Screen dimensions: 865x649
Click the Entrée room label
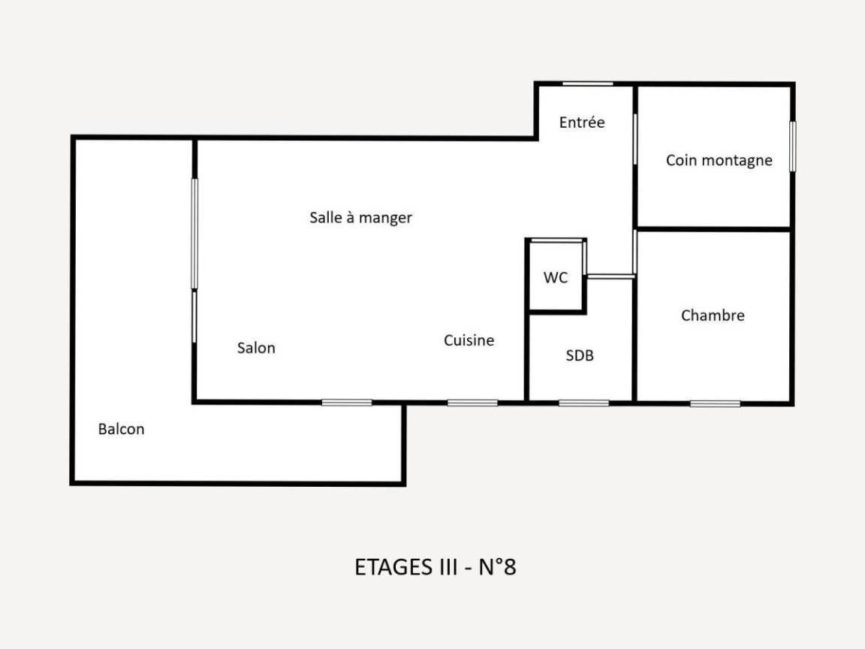[581, 122]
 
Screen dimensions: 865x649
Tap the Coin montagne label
[719, 160]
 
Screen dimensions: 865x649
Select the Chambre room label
[713, 315]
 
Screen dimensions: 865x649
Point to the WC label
[556, 277]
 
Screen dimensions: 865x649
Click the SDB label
[580, 355]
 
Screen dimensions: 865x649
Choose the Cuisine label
[469, 340]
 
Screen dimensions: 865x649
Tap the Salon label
[256, 348]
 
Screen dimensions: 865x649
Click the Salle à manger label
[360, 217]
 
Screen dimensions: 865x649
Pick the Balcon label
[122, 429]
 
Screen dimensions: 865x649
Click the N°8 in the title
[497, 567]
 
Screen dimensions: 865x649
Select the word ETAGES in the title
[394, 567]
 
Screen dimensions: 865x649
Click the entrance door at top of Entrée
[587, 84]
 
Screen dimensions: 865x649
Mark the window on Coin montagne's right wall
[793, 146]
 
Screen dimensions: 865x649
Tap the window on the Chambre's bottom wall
[715, 404]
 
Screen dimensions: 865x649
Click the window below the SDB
[583, 403]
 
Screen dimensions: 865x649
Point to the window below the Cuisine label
[472, 403]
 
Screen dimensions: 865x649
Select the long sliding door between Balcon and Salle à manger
[194, 234]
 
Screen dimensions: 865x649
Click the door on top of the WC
[556, 240]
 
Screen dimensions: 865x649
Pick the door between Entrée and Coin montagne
[635, 139]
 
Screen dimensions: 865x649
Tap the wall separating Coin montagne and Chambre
[714, 228]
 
